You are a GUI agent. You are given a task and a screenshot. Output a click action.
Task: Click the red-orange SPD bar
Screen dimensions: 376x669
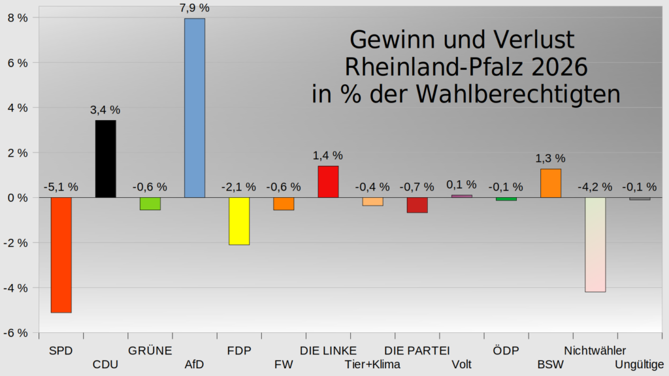[x=61, y=255]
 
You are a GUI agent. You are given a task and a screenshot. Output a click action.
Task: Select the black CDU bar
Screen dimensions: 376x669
[x=105, y=159]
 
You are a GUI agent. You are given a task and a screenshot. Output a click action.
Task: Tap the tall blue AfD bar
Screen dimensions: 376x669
[x=195, y=108]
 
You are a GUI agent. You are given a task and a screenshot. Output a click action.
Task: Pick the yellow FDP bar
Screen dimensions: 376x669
[x=239, y=221]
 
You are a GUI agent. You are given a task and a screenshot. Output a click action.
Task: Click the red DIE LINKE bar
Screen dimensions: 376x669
[x=328, y=181]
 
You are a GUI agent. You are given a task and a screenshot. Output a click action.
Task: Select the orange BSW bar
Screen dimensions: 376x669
[x=550, y=183]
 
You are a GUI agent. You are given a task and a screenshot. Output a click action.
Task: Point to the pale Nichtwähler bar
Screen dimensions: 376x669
[x=595, y=244]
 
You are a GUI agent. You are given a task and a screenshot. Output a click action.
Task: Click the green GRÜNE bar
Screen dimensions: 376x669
[x=150, y=204]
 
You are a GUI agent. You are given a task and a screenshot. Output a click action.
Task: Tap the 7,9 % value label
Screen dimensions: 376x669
[x=195, y=8]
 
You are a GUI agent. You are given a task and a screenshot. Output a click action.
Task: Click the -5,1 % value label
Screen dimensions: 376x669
[x=61, y=187]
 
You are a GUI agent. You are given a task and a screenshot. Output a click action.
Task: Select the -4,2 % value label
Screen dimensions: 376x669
[x=595, y=187]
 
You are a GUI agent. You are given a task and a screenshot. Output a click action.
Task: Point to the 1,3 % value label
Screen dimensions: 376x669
[x=550, y=158]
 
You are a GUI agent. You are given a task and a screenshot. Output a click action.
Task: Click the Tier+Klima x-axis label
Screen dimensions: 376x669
[x=372, y=364]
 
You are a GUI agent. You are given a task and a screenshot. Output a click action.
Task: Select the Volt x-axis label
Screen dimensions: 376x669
[x=461, y=364]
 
